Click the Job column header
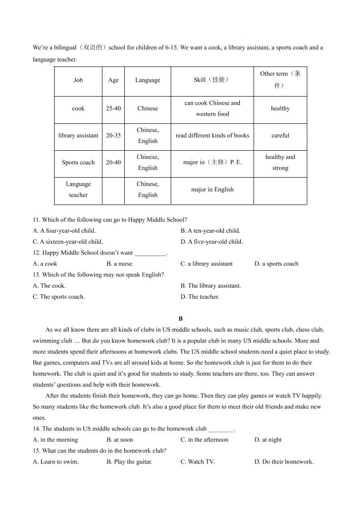[78, 80]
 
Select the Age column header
[113, 80]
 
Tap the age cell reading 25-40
[113, 108]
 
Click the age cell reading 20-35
[113, 135]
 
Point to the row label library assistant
[78, 135]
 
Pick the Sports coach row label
[78, 162]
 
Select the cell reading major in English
[212, 189]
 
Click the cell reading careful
[280, 135]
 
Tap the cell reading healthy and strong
[280, 162]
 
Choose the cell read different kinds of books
[212, 135]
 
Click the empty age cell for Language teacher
[113, 189]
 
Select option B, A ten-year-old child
[210, 230]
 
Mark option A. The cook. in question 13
[49, 286]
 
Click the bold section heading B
[181, 319]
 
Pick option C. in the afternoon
[204, 439]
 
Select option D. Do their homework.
[284, 461]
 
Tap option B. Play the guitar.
[129, 461]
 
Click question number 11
[36, 220]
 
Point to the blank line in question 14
[220, 429]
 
